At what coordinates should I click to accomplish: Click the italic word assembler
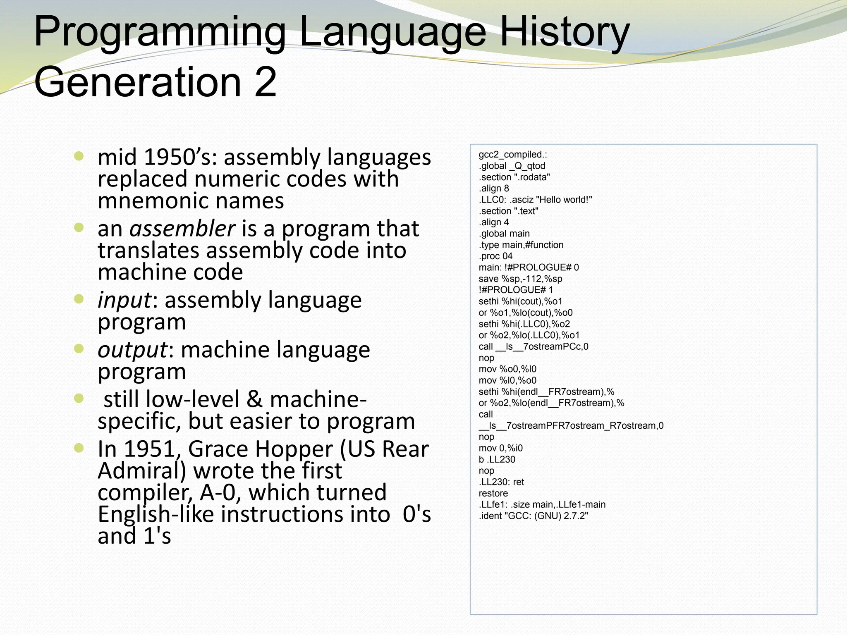(182, 229)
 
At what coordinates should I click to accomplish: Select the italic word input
(124, 301)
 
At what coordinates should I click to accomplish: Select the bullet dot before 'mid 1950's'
(79, 156)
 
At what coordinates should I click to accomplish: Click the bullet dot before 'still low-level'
(79, 399)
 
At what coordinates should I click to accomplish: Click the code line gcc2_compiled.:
(513, 155)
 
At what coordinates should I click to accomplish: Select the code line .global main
(504, 234)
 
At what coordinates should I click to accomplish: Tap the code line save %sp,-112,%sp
(520, 279)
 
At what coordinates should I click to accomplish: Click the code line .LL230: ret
(501, 482)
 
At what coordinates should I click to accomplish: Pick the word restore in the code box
(493, 493)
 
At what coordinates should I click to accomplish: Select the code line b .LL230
(497, 459)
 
